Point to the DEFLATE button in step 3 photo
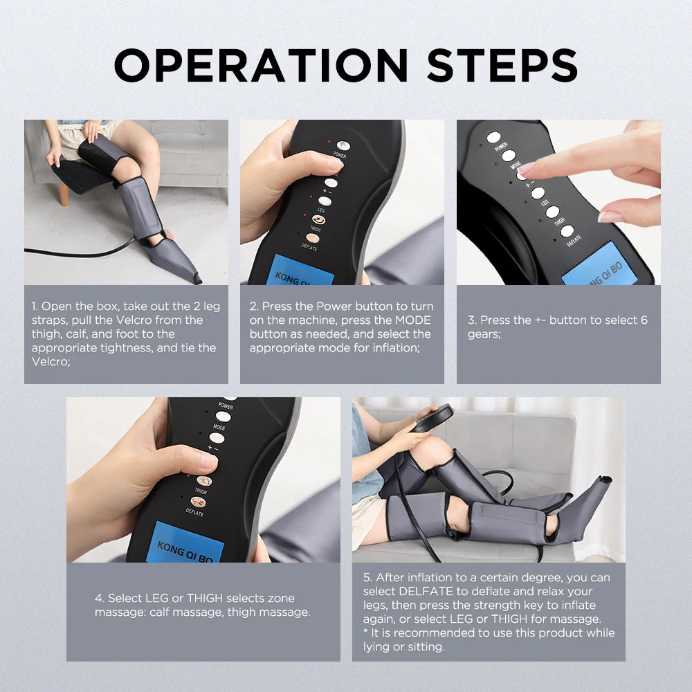567,231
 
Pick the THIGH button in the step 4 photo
203,480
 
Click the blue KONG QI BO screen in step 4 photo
186,543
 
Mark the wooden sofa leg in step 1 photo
64,195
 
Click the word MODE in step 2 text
413,320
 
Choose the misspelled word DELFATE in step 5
426,591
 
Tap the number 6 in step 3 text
644,320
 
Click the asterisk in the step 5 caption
366,633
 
